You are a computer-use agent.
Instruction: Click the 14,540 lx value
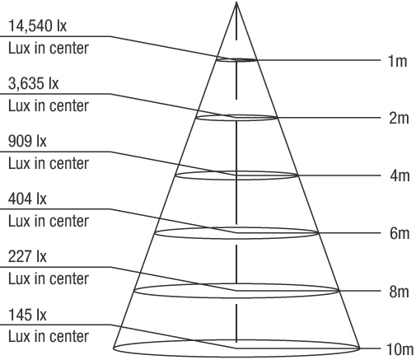point(37,26)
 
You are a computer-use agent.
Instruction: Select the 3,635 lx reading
point(33,83)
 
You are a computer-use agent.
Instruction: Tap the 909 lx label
point(27,141)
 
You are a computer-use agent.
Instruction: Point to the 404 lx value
point(27,199)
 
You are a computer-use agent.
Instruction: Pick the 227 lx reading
point(27,256)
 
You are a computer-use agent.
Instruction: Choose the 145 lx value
point(27,315)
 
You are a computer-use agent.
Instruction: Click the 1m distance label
point(397,61)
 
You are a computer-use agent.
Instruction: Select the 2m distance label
point(399,118)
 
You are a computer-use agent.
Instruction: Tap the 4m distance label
point(400,175)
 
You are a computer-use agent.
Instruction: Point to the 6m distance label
point(400,233)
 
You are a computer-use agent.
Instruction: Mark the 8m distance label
point(399,292)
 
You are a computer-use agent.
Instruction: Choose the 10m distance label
point(400,349)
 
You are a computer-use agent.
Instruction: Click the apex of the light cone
point(236,2)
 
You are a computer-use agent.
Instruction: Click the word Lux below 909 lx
point(19,163)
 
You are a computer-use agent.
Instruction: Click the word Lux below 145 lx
point(19,336)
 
